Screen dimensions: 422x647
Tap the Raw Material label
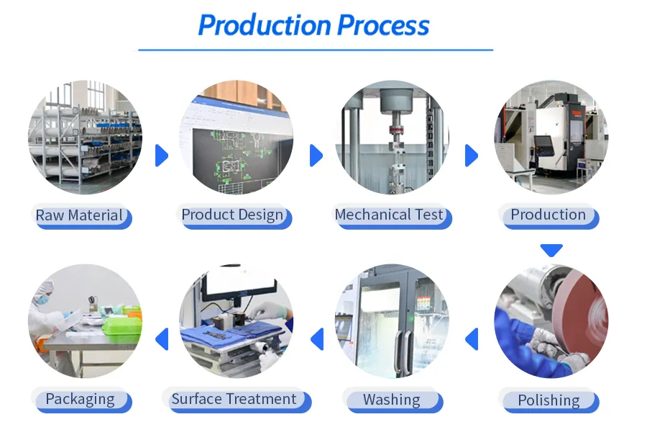80,215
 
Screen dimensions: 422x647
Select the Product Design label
232,215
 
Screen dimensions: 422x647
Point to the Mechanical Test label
389,215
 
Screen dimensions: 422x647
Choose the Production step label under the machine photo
549,215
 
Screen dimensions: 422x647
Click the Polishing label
549,400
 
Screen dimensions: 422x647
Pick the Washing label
391,400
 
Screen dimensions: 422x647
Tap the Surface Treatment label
234,399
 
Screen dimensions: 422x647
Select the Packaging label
80,399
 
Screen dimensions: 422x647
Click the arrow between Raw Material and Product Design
161,155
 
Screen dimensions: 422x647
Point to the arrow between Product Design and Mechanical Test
316,155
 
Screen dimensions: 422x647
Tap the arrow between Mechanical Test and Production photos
472,155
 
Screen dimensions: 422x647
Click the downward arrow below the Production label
551,250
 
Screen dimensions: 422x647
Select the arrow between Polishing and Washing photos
472,338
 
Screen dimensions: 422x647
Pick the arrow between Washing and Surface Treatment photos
316,338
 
